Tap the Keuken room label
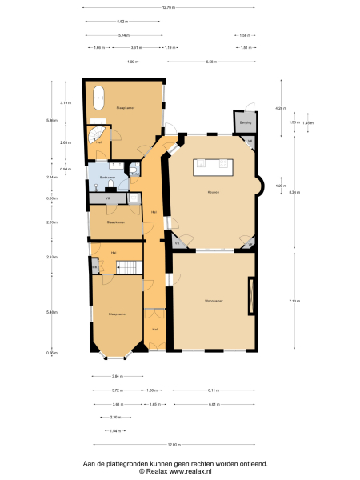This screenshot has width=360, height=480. [213, 192]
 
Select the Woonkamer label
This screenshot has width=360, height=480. [213, 301]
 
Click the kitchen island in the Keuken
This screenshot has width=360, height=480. [212, 167]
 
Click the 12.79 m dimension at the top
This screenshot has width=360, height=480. [168, 8]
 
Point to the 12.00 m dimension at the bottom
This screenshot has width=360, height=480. [174, 445]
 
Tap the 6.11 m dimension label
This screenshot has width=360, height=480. [214, 390]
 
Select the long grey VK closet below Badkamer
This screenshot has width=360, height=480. [108, 198]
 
